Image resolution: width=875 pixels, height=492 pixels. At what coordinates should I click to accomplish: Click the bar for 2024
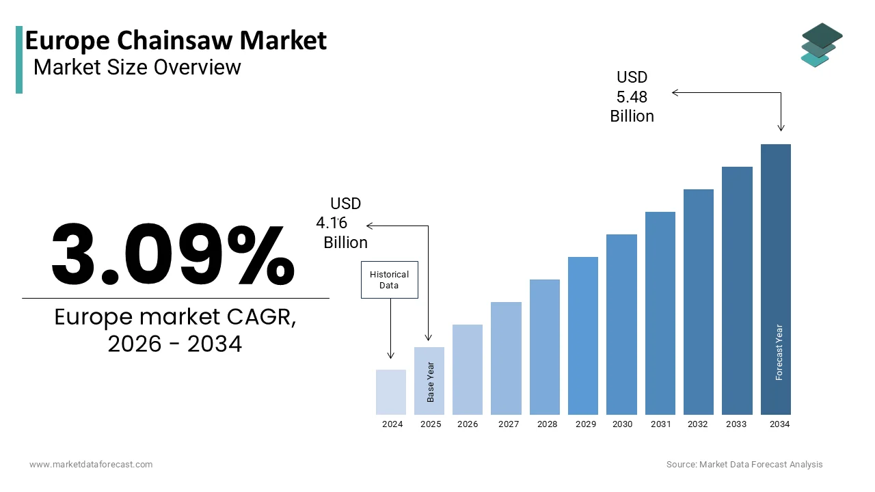coord(391,392)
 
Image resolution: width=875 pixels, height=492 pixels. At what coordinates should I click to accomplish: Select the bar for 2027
coord(506,358)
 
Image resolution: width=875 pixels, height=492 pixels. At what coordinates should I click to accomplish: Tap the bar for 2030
coord(621,325)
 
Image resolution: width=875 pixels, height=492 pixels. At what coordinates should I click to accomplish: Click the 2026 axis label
coord(468,424)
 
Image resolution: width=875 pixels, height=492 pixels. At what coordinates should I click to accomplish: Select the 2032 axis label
coord(698,424)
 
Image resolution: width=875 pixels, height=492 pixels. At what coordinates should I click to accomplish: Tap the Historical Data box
coord(389,279)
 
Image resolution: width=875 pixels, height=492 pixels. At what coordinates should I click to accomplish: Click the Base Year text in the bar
coord(431,382)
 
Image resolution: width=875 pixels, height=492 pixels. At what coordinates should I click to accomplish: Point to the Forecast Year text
coord(779,352)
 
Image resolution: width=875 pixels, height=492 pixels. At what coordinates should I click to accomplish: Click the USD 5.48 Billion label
coord(632,97)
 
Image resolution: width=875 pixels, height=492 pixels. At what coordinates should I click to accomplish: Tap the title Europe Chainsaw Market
coord(176,41)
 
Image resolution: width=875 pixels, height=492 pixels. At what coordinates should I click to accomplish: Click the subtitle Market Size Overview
coord(137,67)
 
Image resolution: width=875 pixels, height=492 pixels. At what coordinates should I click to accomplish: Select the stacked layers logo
coord(822,45)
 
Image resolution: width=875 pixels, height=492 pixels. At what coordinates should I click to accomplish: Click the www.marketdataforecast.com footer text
coord(91,465)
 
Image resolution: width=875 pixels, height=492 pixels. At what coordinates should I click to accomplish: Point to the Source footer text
coord(744,465)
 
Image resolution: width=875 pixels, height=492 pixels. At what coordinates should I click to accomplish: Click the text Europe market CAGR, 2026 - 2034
coord(175,331)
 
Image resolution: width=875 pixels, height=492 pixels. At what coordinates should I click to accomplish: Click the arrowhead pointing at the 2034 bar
coord(781,128)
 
